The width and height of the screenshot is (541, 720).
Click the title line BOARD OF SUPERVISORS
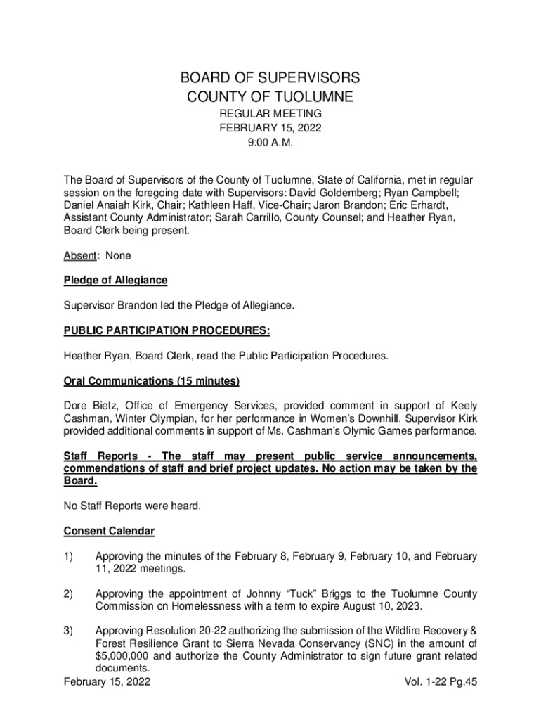(x=270, y=77)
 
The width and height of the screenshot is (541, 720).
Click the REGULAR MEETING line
(x=270, y=113)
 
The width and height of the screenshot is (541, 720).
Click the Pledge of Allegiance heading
(x=115, y=280)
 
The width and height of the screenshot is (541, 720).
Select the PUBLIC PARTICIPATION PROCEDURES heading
(x=167, y=330)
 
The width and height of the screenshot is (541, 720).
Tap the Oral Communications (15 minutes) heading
(x=151, y=381)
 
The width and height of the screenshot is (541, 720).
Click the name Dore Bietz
(x=89, y=406)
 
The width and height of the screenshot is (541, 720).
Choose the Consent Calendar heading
(x=109, y=530)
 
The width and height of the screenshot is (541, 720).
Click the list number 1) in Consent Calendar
(x=68, y=556)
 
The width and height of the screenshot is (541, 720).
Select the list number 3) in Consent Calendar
(x=68, y=631)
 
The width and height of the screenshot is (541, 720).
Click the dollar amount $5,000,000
(x=123, y=656)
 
